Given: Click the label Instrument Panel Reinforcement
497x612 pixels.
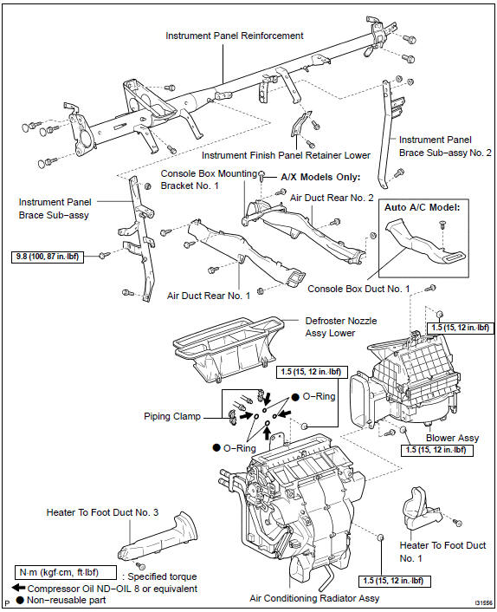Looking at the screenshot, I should [234, 36].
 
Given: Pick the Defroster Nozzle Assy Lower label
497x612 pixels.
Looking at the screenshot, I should [340, 325].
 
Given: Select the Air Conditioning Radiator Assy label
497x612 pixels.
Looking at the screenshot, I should [313, 598].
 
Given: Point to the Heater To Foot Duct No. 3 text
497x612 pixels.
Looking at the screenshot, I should [101, 512].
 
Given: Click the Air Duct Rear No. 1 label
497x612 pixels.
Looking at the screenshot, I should [208, 295].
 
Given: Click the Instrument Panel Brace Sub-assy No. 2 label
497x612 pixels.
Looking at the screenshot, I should [444, 145].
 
